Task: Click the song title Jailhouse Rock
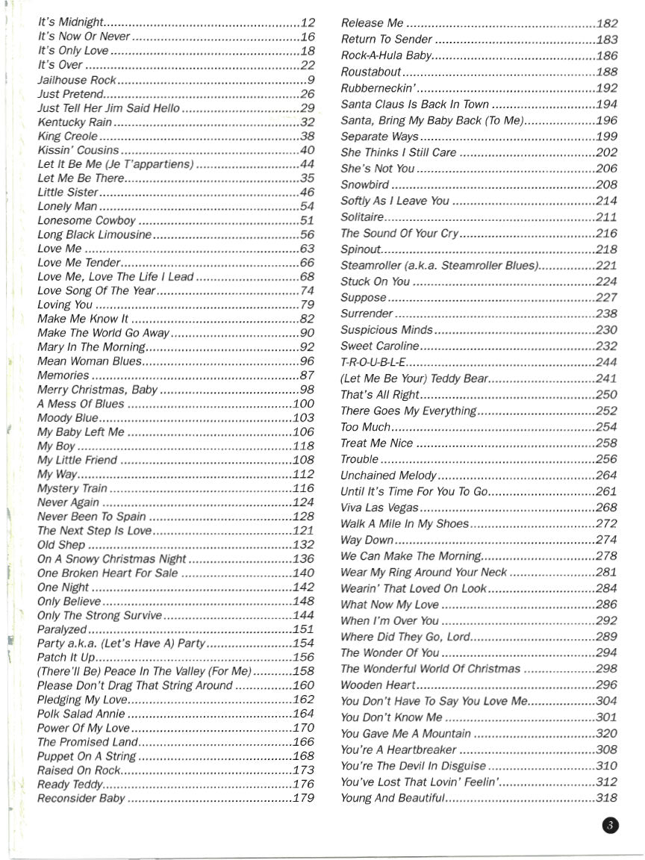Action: (77, 80)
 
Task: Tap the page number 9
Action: (311, 80)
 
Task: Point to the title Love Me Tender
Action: (78, 263)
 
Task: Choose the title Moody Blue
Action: (67, 418)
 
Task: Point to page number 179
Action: (303, 799)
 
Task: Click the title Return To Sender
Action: (386, 40)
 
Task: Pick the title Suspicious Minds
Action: (386, 330)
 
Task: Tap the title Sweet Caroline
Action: (379, 346)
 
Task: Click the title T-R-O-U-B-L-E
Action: (373, 362)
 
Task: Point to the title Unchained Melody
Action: (388, 476)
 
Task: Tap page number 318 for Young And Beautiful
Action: (607, 799)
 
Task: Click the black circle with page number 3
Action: (609, 825)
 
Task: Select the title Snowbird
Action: (364, 184)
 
